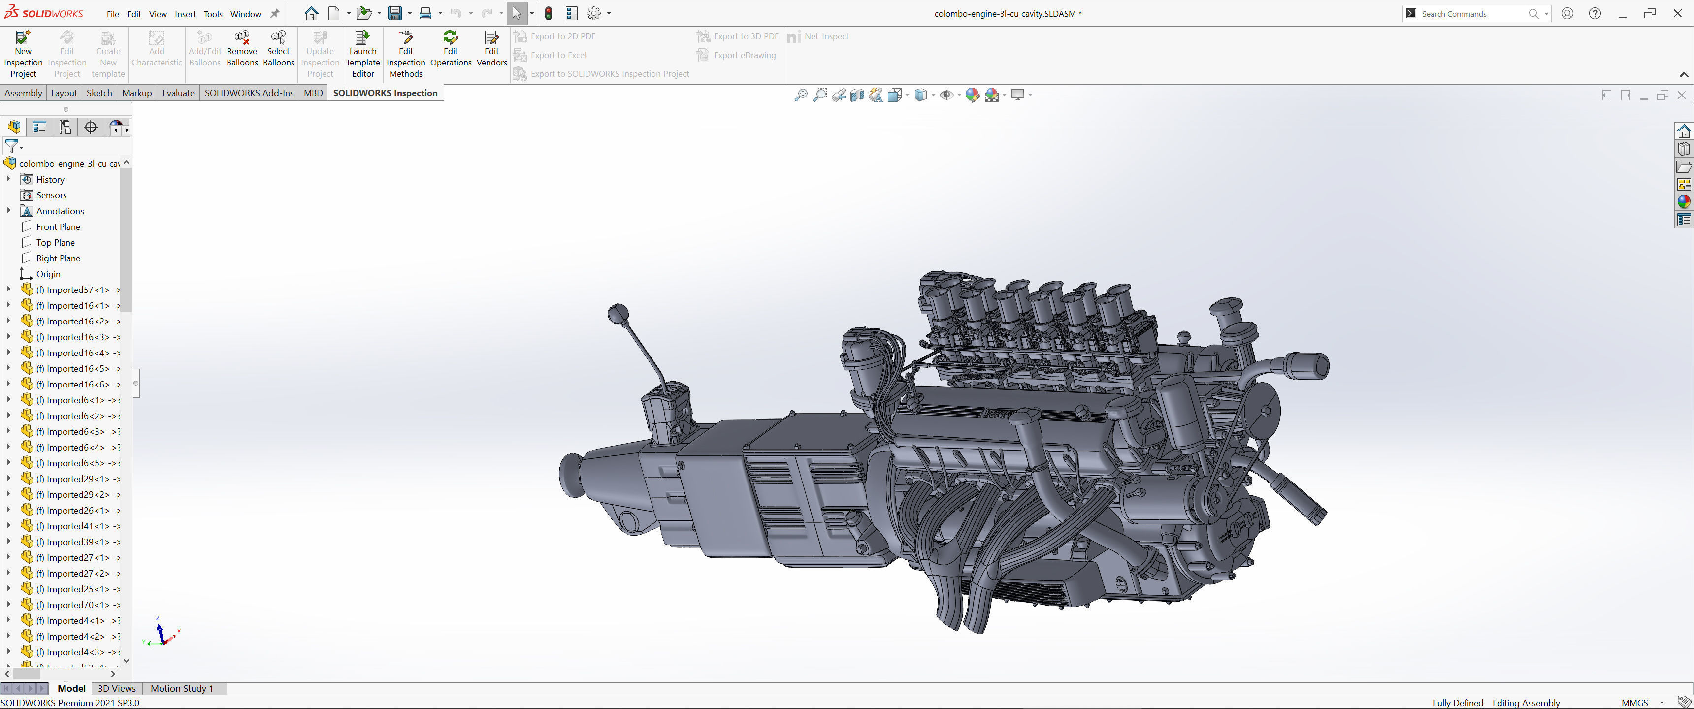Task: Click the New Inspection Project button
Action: point(23,54)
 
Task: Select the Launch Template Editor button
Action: point(362,54)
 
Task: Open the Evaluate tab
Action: point(178,93)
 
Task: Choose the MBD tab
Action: point(313,93)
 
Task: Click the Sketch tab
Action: point(99,93)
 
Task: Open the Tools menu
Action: point(212,14)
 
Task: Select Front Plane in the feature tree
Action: point(58,227)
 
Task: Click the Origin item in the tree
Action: point(48,274)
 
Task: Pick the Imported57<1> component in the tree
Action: point(78,290)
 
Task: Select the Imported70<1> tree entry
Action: point(78,605)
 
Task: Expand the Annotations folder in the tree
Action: point(8,211)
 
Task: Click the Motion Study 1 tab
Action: point(182,689)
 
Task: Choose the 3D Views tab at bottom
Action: point(116,689)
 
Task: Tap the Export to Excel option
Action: point(557,55)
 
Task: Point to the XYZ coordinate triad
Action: point(161,633)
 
